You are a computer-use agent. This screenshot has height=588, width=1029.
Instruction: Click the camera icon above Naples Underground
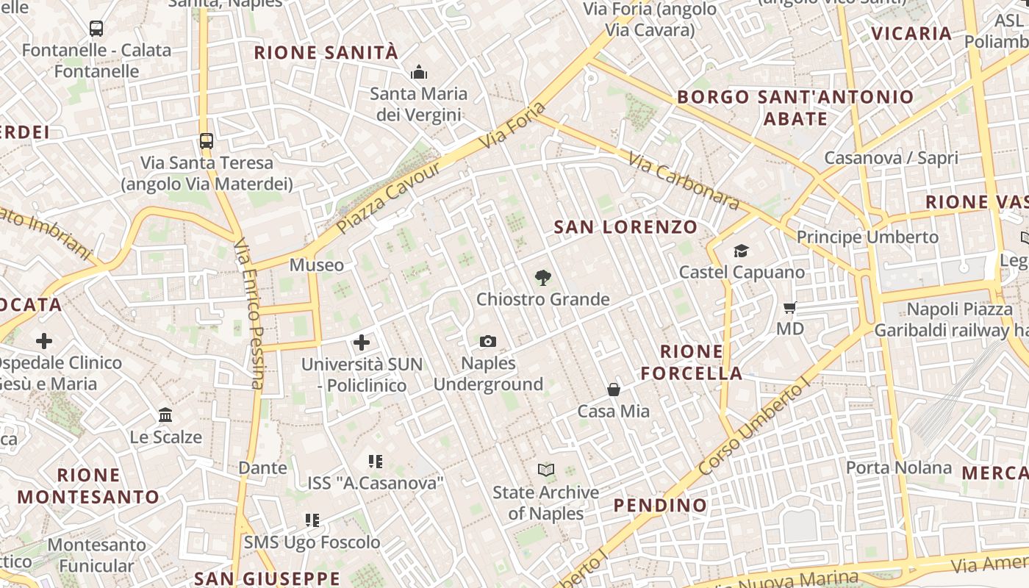[x=487, y=341]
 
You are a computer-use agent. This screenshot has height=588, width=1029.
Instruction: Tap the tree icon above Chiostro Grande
[x=542, y=277]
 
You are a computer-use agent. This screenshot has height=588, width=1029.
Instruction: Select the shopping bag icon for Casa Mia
[x=614, y=390]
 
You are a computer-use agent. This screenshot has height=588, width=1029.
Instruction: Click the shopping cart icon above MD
[x=790, y=307]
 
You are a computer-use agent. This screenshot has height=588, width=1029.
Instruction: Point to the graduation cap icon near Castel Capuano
[x=741, y=251]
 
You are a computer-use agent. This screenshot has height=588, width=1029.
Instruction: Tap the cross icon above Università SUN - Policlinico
[x=361, y=343]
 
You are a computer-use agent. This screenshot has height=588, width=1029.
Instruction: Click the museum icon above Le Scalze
[x=165, y=415]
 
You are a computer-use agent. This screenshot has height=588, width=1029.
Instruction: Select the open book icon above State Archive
[x=545, y=470]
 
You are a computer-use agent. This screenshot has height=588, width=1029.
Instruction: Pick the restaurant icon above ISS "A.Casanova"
[x=376, y=462]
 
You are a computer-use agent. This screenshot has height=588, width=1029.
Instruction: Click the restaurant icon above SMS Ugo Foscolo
[x=312, y=520]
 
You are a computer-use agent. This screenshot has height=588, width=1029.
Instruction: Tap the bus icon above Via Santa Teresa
[x=207, y=141]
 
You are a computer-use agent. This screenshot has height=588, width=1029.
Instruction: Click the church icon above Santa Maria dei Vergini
[x=419, y=72]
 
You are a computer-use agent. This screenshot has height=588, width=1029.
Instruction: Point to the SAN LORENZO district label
[x=625, y=227]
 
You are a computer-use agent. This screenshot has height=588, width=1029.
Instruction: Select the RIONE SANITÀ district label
[x=326, y=53]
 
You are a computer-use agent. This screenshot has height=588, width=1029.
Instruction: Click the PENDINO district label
[x=660, y=506]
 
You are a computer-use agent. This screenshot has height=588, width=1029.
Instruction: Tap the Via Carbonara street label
[x=683, y=180]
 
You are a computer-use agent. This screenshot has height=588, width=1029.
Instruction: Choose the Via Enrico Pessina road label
[x=248, y=313]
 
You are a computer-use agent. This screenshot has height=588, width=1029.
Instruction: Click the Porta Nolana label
[x=898, y=467]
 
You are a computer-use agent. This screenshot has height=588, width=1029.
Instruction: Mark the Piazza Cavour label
[x=389, y=198]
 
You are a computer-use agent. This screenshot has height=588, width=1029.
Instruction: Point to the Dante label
[x=262, y=467]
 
